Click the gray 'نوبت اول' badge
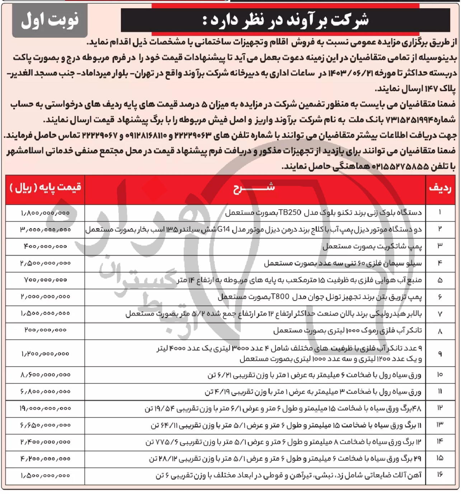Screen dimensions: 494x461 click(x=50, y=20)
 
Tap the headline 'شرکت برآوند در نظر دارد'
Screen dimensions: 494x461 click(x=285, y=20)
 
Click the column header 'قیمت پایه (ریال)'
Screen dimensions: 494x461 click(x=45, y=187)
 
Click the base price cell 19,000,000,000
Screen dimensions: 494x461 click(x=45, y=409)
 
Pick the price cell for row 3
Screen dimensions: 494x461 click(x=45, y=247)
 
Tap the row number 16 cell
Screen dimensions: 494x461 click(x=440, y=475)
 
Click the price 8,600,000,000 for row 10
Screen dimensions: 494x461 click(x=45, y=375)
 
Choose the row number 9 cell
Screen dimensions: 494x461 click(x=440, y=354)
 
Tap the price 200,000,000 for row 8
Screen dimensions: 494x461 click(x=45, y=330)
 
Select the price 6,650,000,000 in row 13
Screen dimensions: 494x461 click(x=45, y=425)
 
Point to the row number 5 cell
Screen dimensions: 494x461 click(x=440, y=280)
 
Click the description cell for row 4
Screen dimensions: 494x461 click(x=343, y=264)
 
